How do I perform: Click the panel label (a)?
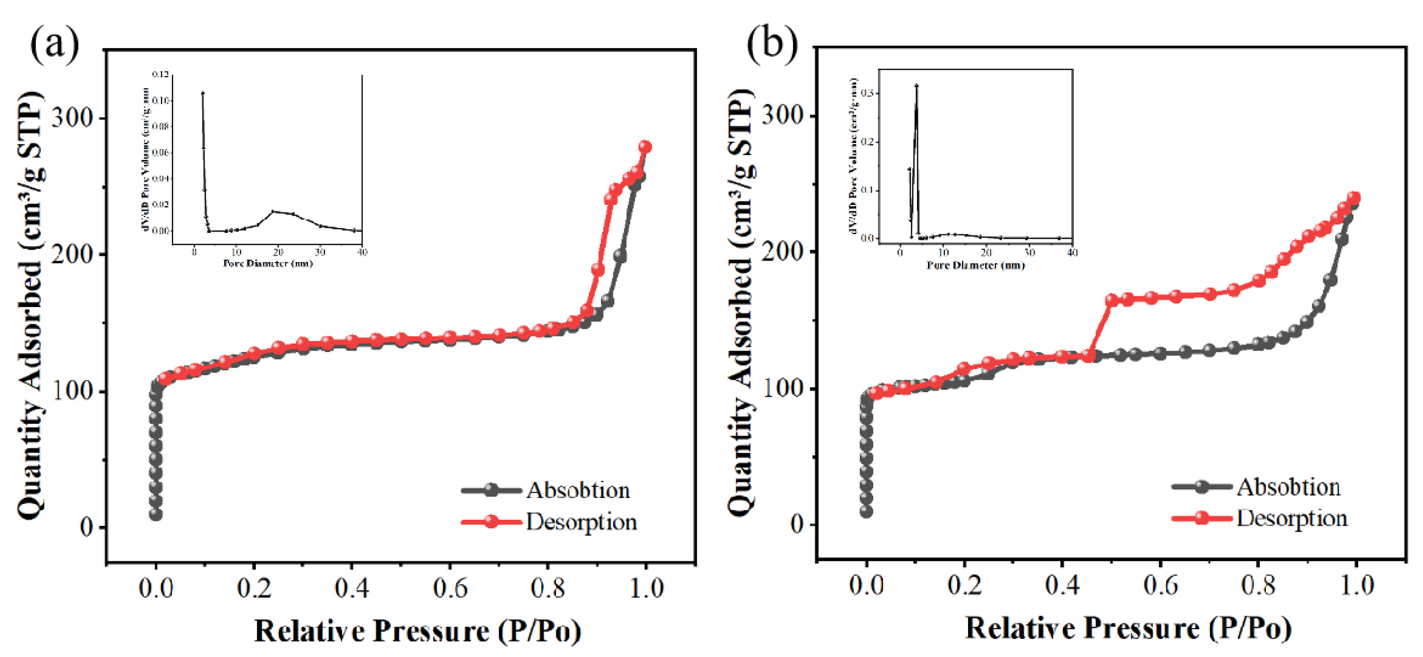(x=54, y=44)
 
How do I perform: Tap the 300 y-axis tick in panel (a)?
(x=72, y=118)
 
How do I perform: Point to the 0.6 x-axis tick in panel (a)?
(x=449, y=587)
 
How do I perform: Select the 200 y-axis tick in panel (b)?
(x=782, y=251)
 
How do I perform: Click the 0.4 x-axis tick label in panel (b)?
(x=1062, y=585)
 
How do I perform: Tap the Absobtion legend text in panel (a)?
(x=577, y=490)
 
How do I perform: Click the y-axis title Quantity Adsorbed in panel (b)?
(x=741, y=304)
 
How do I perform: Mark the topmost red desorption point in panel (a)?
(x=645, y=147)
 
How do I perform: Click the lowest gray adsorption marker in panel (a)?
(x=156, y=515)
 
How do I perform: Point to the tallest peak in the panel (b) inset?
(x=916, y=86)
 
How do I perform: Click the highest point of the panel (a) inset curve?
(x=203, y=93)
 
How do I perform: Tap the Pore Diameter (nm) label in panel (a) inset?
(x=267, y=264)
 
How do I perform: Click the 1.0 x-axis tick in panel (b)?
(x=1356, y=585)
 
